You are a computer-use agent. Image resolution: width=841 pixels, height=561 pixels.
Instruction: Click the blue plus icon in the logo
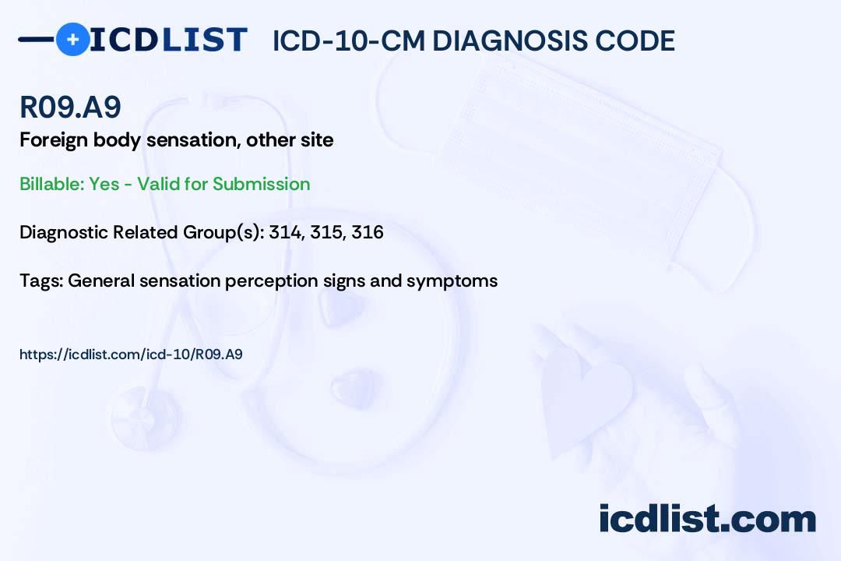[72, 40]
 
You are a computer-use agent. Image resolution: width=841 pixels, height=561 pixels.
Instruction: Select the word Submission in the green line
[261, 184]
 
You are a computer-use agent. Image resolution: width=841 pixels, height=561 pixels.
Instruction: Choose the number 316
[368, 232]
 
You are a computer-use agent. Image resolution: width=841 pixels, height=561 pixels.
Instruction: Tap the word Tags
[40, 280]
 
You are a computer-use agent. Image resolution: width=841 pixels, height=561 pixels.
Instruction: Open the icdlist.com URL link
[131, 355]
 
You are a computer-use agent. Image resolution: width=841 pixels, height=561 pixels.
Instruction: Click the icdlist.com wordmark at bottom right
[707, 518]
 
